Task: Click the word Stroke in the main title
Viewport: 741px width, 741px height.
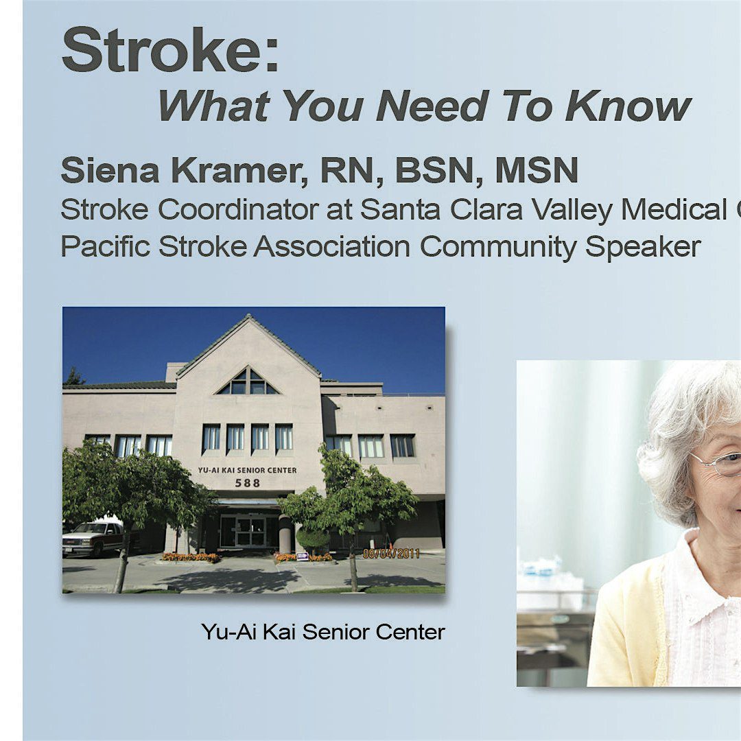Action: pyautogui.click(x=161, y=49)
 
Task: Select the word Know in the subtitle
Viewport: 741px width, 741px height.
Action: pyautogui.click(x=628, y=106)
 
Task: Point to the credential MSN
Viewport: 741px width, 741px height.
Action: pyautogui.click(x=537, y=170)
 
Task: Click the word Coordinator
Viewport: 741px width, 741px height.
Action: pyautogui.click(x=237, y=209)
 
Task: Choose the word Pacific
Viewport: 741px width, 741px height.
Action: pyautogui.click(x=106, y=246)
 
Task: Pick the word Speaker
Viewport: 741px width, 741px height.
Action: pyautogui.click(x=643, y=247)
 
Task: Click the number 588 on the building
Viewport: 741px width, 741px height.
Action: pyautogui.click(x=248, y=483)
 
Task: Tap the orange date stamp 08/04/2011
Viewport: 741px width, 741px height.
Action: pyautogui.click(x=391, y=554)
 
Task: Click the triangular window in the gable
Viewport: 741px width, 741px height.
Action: pyautogui.click(x=247, y=382)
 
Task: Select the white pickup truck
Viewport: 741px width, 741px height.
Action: pyautogui.click(x=93, y=538)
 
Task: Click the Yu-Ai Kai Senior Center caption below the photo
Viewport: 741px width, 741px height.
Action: pyautogui.click(x=322, y=632)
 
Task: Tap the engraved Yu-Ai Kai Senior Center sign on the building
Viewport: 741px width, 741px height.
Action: pyautogui.click(x=247, y=470)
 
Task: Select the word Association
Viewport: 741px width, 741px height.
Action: pyautogui.click(x=332, y=246)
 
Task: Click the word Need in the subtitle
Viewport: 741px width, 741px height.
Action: pyautogui.click(x=432, y=106)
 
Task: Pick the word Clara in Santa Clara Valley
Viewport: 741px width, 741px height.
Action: pyautogui.click(x=486, y=209)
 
